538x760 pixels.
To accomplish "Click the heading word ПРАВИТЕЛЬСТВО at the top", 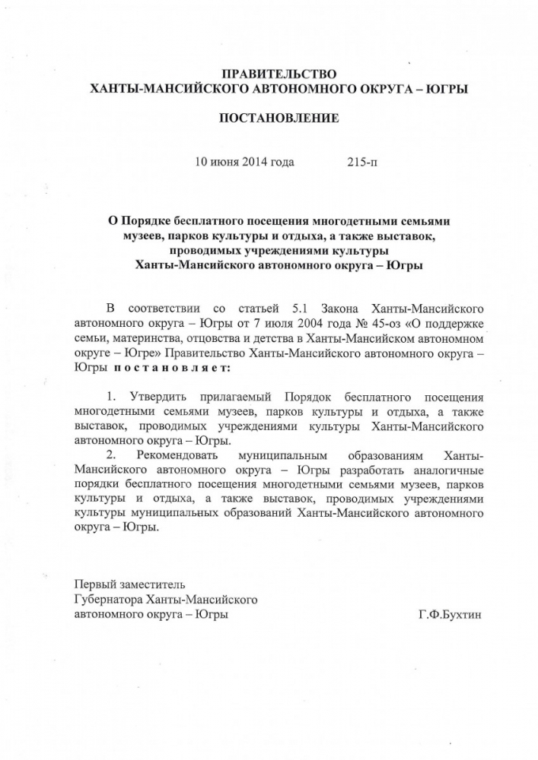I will click(279, 74).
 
